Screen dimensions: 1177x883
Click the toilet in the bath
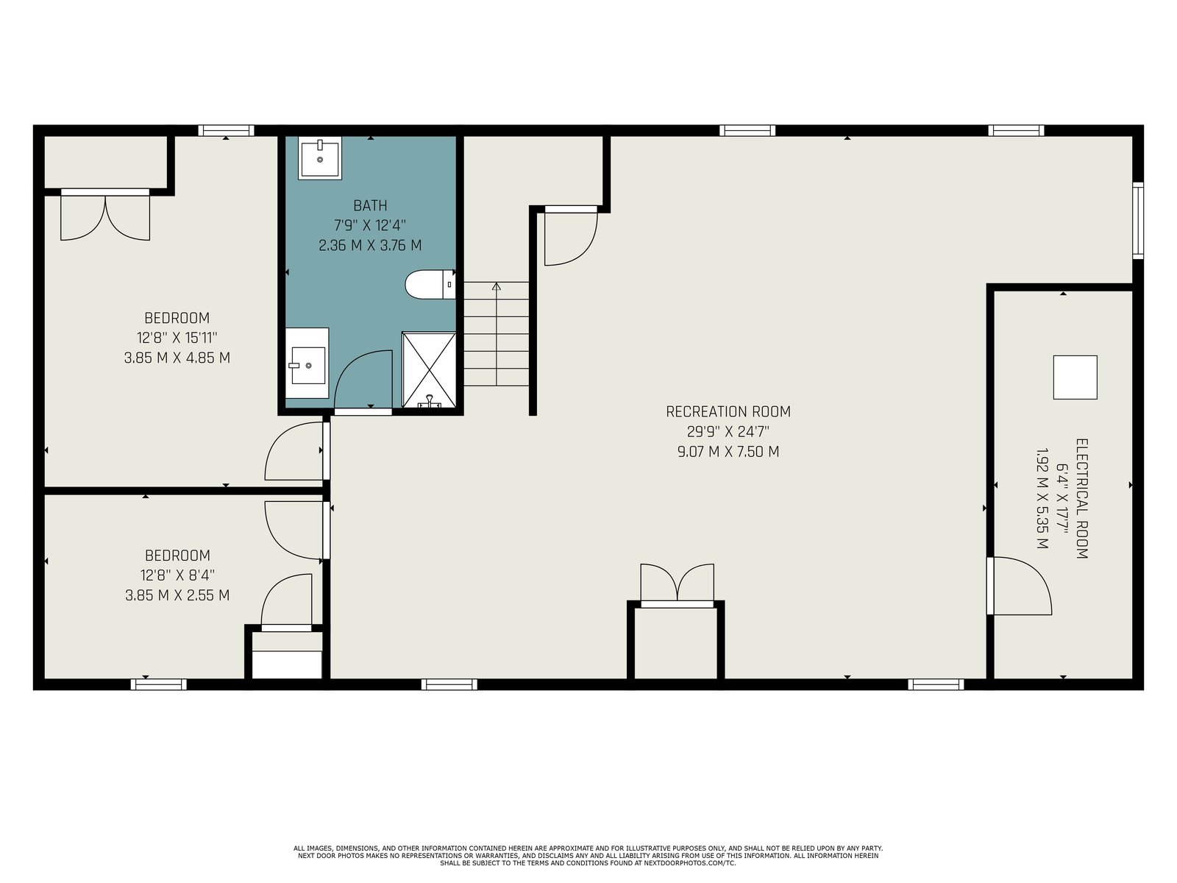430,284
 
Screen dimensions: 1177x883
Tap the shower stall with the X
428,370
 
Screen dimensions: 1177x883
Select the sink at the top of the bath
319,157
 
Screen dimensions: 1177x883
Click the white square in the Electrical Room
1075,377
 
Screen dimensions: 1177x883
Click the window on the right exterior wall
1138,220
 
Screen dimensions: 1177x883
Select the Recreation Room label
728,412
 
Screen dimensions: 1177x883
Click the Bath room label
370,205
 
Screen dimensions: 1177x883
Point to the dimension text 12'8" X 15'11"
177,338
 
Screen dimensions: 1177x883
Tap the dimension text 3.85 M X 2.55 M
177,595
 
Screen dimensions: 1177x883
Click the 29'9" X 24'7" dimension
728,432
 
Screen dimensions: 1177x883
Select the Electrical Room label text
1081,499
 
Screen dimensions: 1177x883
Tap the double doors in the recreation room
678,584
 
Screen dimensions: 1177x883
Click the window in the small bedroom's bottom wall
159,684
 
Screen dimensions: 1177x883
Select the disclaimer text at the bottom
588,856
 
